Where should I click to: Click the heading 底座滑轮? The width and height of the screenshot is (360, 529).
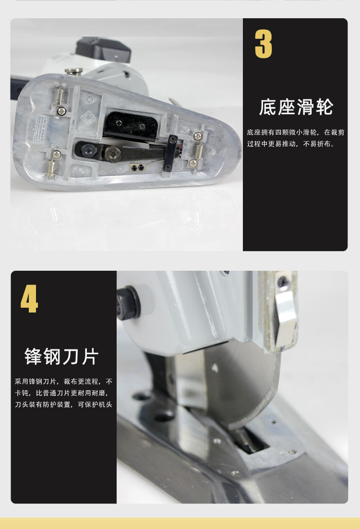coord(296,107)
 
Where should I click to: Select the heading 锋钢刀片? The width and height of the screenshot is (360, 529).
coord(61,357)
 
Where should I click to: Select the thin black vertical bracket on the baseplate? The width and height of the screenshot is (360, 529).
coord(169,154)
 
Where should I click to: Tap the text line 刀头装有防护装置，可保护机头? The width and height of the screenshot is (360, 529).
coord(63,404)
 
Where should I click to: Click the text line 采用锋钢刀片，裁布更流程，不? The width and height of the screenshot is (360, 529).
coord(63,382)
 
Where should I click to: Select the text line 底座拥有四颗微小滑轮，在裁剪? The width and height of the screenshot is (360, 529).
coord(295,132)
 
